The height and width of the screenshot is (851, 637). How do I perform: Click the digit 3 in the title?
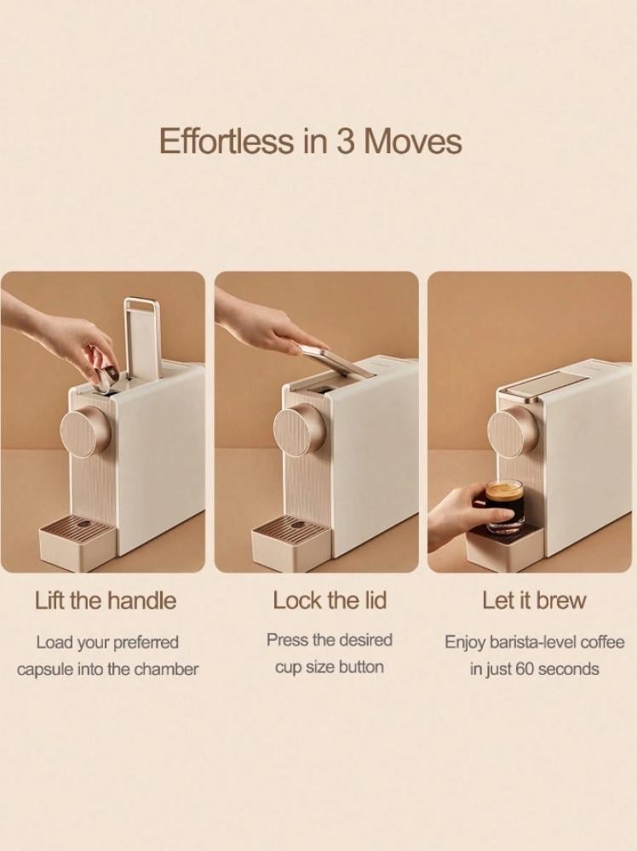tap(347, 141)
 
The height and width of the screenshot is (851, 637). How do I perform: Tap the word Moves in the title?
tap(413, 141)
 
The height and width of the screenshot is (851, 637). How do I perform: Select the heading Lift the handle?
tap(106, 601)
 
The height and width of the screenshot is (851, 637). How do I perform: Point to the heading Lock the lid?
tap(330, 600)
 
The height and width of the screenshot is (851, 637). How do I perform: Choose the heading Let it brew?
tap(534, 600)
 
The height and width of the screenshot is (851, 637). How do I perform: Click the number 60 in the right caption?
tap(524, 669)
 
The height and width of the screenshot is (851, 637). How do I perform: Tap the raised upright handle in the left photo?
tap(142, 336)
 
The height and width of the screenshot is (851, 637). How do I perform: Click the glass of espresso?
tap(504, 506)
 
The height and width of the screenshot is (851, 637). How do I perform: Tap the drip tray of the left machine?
tap(77, 543)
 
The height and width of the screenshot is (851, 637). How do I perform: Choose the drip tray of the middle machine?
tap(291, 543)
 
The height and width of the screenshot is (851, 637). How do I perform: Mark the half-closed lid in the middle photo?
tap(336, 360)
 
